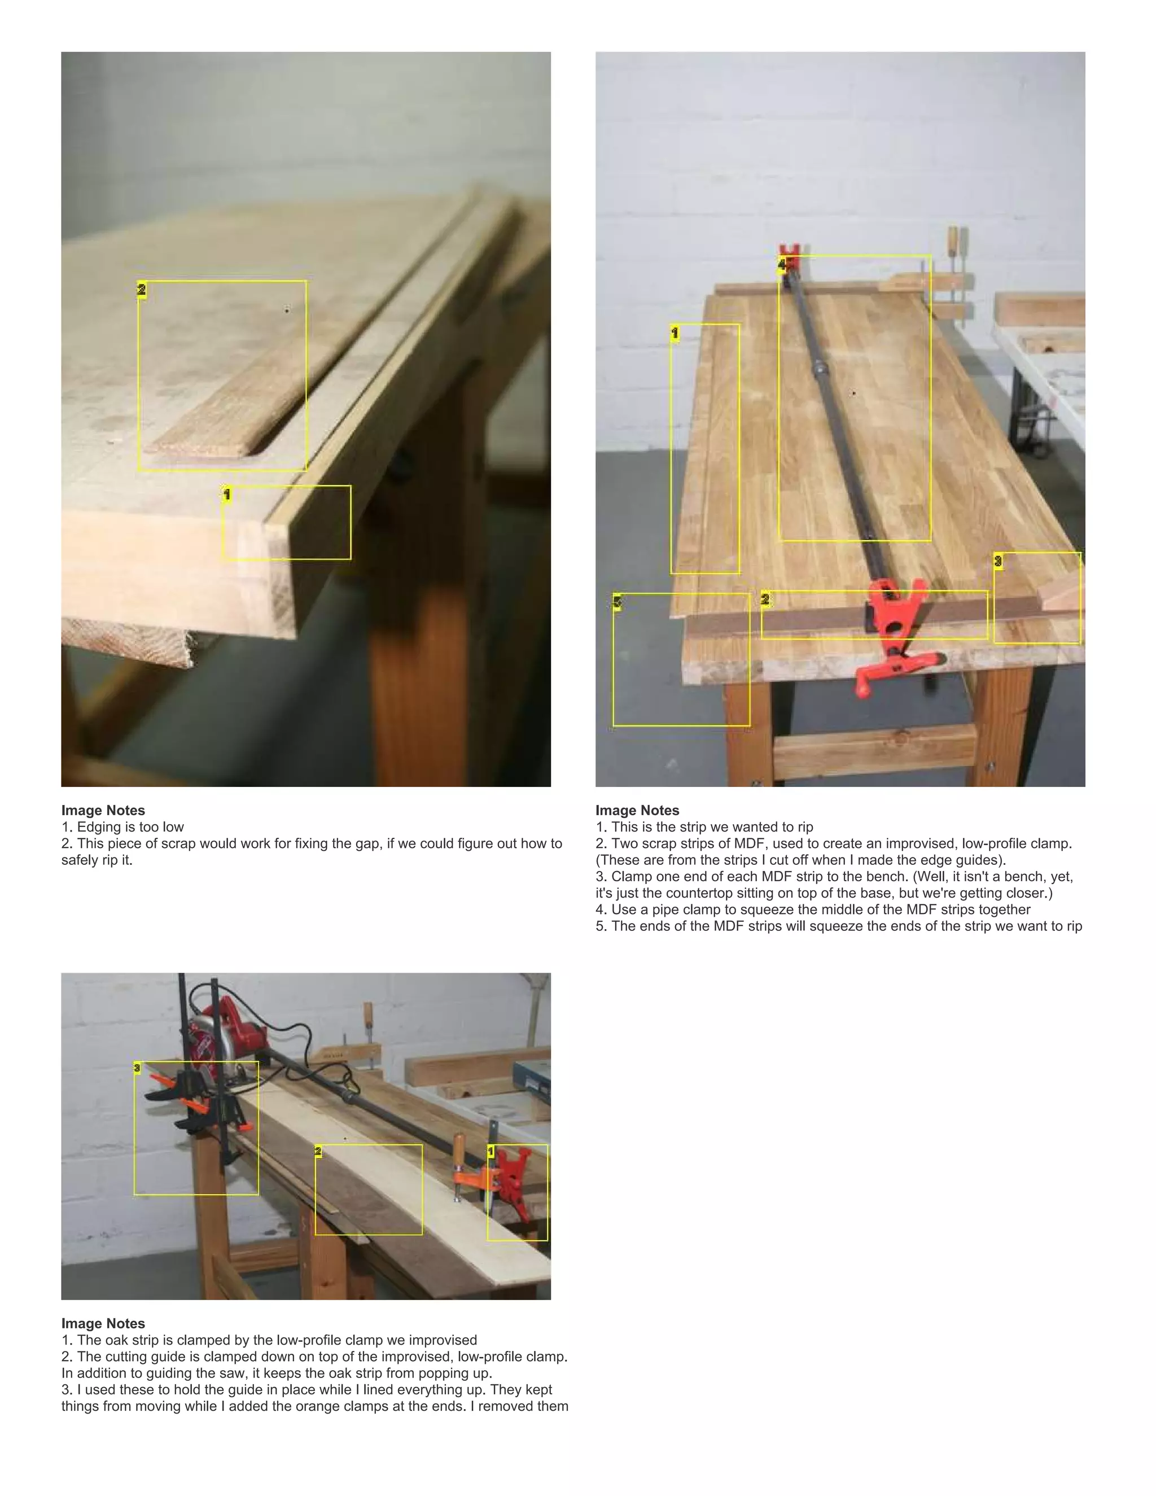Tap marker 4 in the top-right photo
click(782, 264)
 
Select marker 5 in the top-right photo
click(617, 602)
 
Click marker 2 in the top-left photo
click(142, 289)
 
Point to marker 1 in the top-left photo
click(227, 494)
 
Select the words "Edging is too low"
click(130, 827)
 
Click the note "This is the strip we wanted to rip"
click(712, 827)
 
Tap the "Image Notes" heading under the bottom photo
click(103, 1323)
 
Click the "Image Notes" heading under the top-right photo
click(637, 810)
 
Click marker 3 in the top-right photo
click(998, 561)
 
